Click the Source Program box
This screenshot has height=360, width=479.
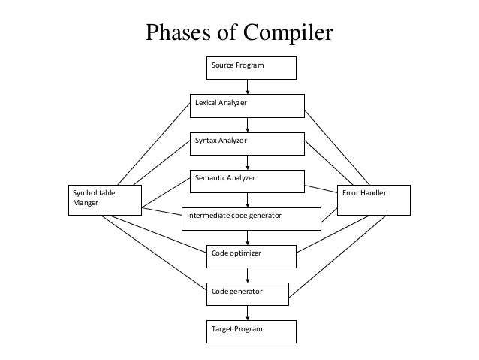tap(252, 68)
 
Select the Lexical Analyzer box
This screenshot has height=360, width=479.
tap(247, 106)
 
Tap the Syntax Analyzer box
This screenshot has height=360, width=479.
tap(247, 144)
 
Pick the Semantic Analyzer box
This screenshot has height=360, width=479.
tap(247, 181)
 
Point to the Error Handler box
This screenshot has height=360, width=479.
tap(374, 199)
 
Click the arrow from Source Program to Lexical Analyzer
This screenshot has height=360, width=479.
tap(248, 86)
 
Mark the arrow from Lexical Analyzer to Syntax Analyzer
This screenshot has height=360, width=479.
tap(248, 125)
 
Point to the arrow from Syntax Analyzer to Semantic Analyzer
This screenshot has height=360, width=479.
tap(248, 162)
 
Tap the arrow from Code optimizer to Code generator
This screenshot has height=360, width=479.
tap(248, 274)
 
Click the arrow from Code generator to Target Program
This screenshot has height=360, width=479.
tap(248, 312)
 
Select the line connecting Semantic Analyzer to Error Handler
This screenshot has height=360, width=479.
tap(321, 187)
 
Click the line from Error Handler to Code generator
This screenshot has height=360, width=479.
tap(338, 256)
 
